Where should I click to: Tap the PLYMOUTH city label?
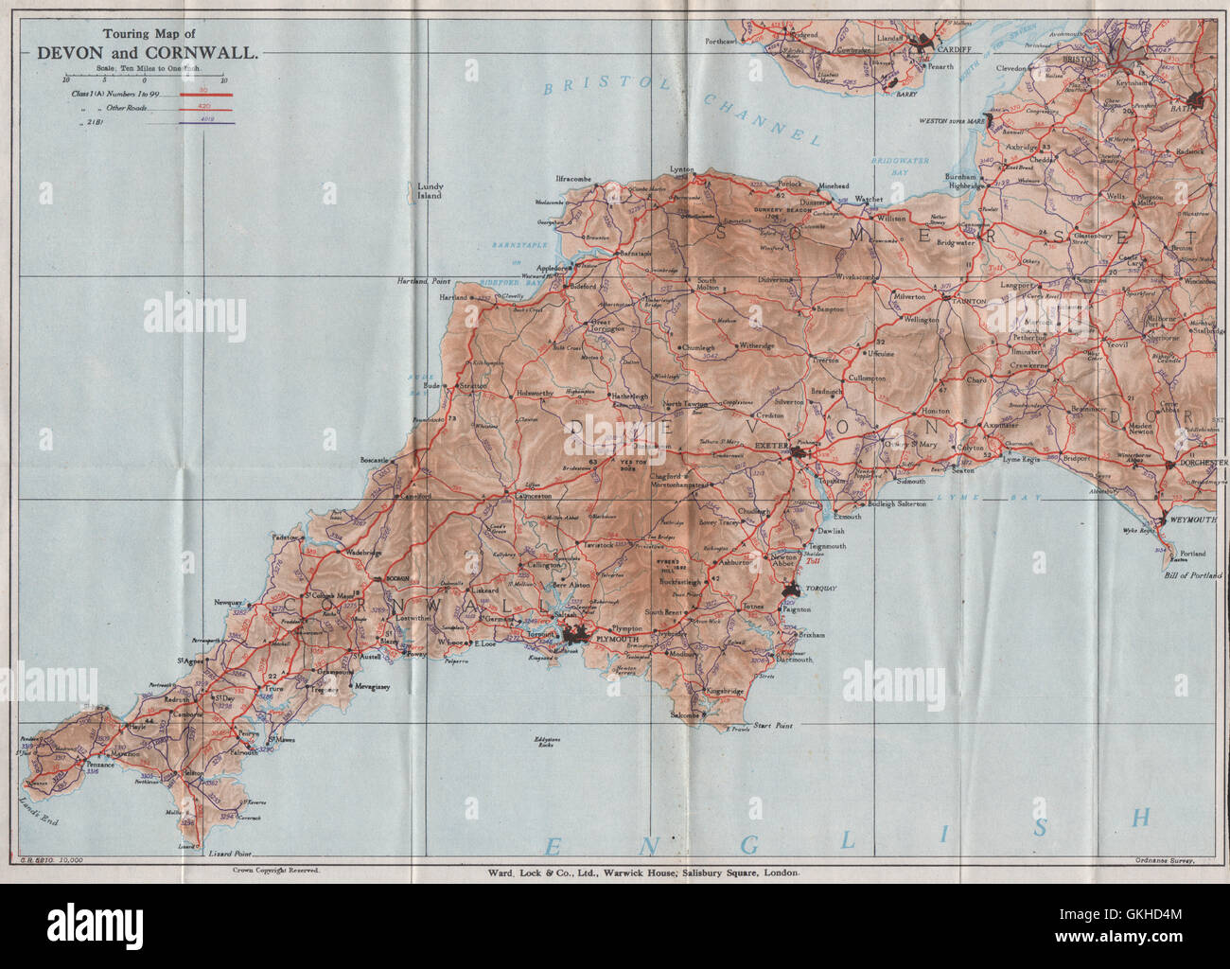616,640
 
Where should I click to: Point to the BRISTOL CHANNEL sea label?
682,108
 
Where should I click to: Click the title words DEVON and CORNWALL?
146,54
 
